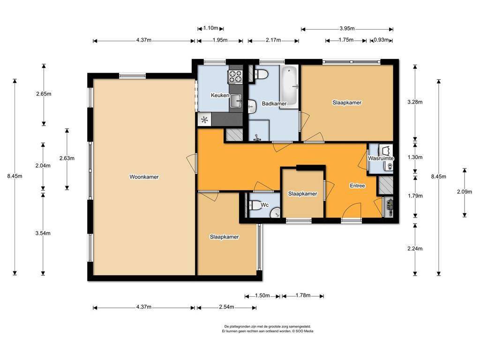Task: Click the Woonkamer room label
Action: (144, 177)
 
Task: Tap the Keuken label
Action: (220, 95)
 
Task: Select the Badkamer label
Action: (274, 104)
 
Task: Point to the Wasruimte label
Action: (381, 158)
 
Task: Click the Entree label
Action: (357, 186)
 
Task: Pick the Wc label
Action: (264, 205)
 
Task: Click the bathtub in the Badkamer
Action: (289, 86)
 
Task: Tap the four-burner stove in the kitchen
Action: (235, 76)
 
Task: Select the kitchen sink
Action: (236, 101)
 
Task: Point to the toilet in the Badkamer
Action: (262, 74)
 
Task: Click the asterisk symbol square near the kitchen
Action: (204, 120)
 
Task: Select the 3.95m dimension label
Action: (347, 29)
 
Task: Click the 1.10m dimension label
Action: (210, 28)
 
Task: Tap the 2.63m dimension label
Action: (67, 158)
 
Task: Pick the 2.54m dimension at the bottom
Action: (226, 307)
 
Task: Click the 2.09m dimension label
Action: (465, 192)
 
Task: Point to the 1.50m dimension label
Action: (262, 296)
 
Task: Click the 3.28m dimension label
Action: (415, 102)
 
